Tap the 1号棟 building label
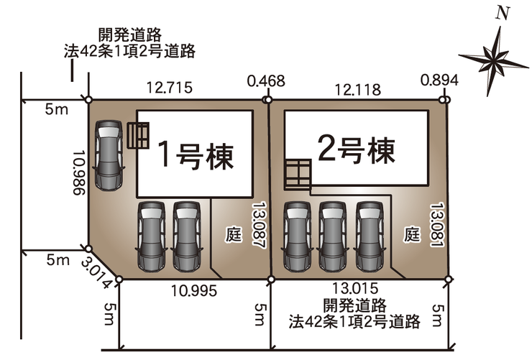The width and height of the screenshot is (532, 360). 196,154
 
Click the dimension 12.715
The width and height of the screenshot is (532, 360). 168,88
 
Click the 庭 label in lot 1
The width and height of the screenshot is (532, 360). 235,233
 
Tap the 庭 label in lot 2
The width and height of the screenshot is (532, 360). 411,233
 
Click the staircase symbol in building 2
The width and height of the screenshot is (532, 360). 296,173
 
